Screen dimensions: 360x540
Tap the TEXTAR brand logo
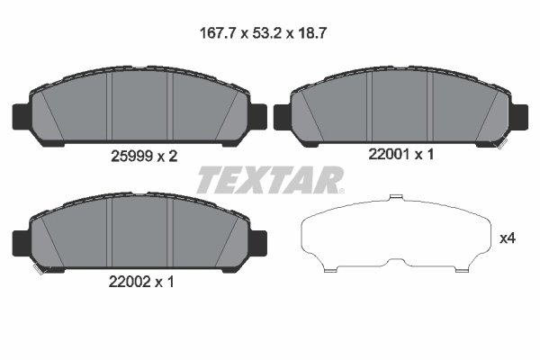click(x=268, y=180)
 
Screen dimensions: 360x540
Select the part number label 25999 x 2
click(x=138, y=156)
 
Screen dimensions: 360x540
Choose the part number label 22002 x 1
click(x=138, y=281)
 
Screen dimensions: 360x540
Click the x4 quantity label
click(x=508, y=239)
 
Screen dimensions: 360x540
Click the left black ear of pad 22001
click(x=282, y=116)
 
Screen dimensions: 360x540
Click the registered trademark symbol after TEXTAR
click(x=340, y=190)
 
